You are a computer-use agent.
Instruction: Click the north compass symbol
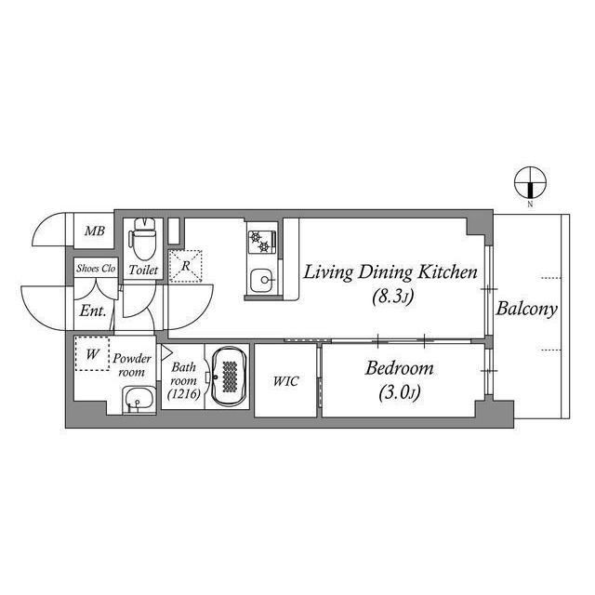tap(530, 182)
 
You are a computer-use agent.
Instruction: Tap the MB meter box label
tap(95, 231)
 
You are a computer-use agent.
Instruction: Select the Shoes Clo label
tap(96, 269)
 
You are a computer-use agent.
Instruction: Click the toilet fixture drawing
tap(143, 238)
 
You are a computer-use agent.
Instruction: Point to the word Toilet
tap(143, 270)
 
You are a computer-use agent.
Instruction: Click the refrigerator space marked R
tap(185, 266)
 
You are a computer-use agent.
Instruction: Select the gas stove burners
tap(261, 242)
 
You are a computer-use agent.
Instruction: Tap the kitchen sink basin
tap(261, 280)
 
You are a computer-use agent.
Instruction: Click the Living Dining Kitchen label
tap(390, 273)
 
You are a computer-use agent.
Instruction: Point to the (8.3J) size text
tap(392, 297)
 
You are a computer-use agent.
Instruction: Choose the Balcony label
tap(527, 310)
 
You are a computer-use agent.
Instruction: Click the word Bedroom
tap(399, 368)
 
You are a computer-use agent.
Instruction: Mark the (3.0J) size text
tap(400, 393)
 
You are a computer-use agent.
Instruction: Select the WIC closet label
tap(285, 381)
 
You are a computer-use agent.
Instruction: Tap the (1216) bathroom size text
tap(184, 394)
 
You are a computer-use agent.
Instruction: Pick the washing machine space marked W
tap(92, 353)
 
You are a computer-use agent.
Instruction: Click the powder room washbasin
tap(139, 400)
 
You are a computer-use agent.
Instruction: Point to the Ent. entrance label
tap(92, 311)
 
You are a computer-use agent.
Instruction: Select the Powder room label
tap(132, 365)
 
